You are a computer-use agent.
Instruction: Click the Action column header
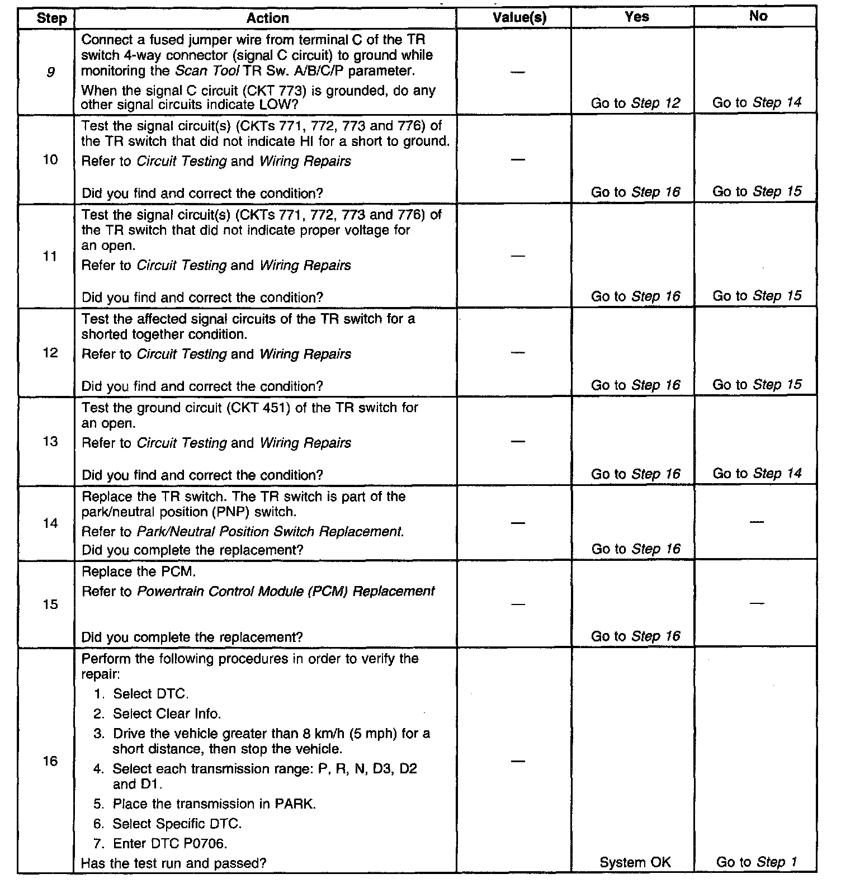pyautogui.click(x=267, y=18)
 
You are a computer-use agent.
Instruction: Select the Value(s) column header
pyautogui.click(x=519, y=18)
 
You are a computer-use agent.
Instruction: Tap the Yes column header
pyautogui.click(x=636, y=17)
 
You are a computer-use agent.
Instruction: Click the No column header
pyautogui.click(x=758, y=16)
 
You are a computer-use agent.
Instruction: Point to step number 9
pyautogui.click(x=50, y=72)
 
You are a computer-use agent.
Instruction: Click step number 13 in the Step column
pyautogui.click(x=50, y=442)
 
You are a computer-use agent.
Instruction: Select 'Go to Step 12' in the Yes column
pyautogui.click(x=636, y=103)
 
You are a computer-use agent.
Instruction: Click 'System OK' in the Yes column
pyautogui.click(x=635, y=862)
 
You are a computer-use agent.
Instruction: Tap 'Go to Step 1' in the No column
pyautogui.click(x=757, y=862)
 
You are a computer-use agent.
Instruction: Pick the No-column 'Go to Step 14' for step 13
pyautogui.click(x=757, y=474)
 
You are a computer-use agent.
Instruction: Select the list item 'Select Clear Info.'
pyautogui.click(x=167, y=714)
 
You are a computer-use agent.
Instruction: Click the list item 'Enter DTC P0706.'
pyautogui.click(x=169, y=843)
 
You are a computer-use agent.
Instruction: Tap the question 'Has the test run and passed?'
pyautogui.click(x=173, y=863)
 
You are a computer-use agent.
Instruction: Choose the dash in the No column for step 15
pyautogui.click(x=757, y=604)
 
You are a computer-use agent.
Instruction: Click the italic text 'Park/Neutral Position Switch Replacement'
pyautogui.click(x=269, y=531)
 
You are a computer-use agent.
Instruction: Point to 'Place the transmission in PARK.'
pyautogui.click(x=214, y=804)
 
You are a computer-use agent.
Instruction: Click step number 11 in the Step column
pyautogui.click(x=50, y=256)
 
